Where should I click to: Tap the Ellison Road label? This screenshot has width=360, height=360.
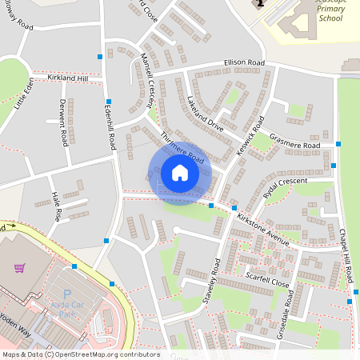click(244, 62)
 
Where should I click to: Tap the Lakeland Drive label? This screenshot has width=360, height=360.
click(205, 114)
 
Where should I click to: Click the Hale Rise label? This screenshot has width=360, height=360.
click(56, 206)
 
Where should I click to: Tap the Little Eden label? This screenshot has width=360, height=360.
click(24, 92)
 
